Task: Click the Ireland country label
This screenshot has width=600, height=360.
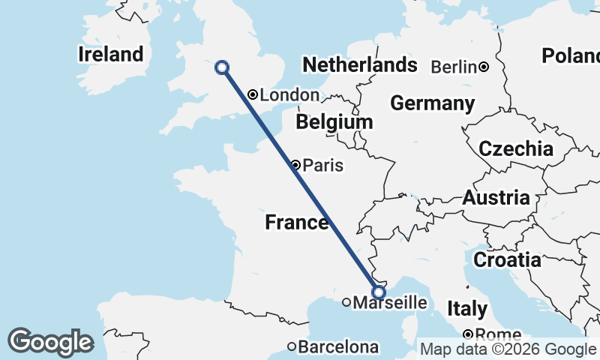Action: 110,54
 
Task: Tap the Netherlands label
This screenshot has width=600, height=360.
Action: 359,64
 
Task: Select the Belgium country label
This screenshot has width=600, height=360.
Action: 334,121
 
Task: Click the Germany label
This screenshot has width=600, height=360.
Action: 432,103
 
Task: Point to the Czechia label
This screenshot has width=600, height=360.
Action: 516,148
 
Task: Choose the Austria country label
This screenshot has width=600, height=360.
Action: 496,199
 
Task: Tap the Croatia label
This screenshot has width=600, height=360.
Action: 507,260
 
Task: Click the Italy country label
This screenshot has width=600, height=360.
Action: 467,309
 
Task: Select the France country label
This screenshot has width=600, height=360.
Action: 296,223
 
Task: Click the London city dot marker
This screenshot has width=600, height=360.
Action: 253,94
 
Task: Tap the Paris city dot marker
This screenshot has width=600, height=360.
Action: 296,165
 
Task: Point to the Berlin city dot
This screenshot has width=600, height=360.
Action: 484,67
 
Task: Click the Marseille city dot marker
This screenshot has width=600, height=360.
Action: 346,303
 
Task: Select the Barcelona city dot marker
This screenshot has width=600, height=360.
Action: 292,346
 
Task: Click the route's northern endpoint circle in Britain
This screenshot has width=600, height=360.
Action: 222,67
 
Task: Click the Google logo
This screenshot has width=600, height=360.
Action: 50,342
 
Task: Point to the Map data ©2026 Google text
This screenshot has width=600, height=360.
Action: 507,349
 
